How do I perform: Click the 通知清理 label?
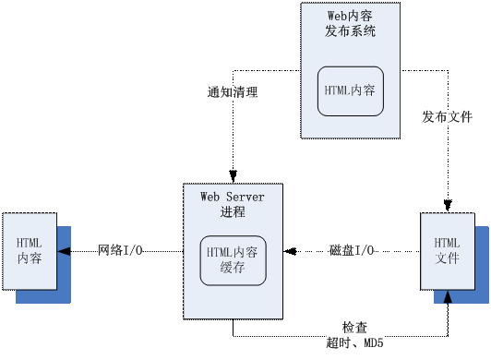(x=233, y=92)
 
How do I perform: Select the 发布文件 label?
(x=448, y=118)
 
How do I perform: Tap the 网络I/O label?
(x=120, y=250)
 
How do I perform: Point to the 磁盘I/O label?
(x=352, y=250)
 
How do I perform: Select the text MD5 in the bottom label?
(x=372, y=344)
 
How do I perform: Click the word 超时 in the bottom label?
(x=339, y=344)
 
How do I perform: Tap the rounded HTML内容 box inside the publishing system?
(x=350, y=90)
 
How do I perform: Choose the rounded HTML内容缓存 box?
(x=234, y=259)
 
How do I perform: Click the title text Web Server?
(x=233, y=196)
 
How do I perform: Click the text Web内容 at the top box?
(x=350, y=16)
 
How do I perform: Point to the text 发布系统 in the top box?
(x=350, y=31)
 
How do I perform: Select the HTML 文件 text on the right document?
(x=447, y=249)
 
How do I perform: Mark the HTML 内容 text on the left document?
(x=29, y=250)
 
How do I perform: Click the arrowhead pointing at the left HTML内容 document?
(x=64, y=250)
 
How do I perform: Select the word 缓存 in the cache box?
(x=233, y=269)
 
